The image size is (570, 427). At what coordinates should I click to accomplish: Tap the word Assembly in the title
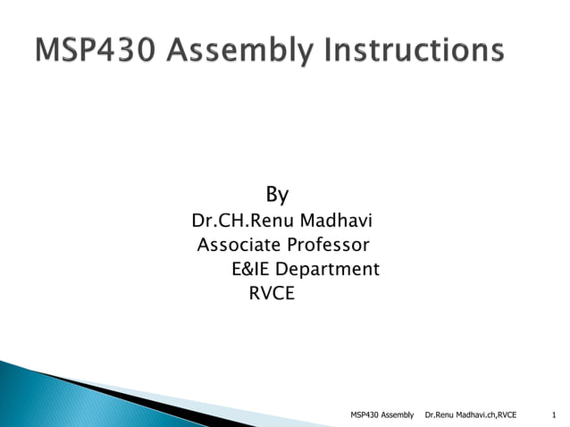click(241, 52)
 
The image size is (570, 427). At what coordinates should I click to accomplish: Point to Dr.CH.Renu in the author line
click(234, 220)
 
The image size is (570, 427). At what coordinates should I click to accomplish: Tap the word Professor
click(330, 245)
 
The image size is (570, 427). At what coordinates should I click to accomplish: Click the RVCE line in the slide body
click(271, 293)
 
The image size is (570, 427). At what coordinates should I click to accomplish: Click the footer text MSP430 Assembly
click(382, 414)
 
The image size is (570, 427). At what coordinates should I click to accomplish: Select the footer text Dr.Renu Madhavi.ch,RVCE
click(471, 414)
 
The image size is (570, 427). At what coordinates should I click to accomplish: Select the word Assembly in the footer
click(397, 414)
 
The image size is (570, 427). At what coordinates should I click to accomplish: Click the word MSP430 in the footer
click(365, 414)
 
